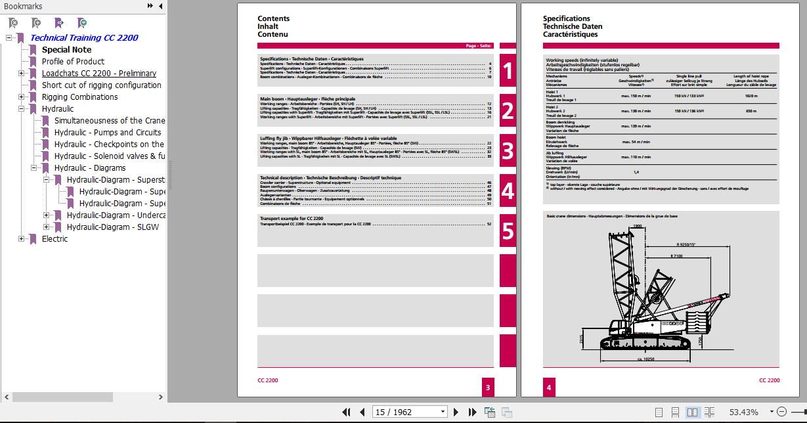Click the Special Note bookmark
point(66,50)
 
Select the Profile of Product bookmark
point(73,62)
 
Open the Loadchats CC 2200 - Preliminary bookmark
point(98,74)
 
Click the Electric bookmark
point(55,239)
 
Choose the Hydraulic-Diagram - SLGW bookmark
point(112,227)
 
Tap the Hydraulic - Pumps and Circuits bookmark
point(108,133)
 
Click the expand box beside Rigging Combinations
point(22,97)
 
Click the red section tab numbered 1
point(507,71)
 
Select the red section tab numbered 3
point(507,150)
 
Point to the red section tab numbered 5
point(507,231)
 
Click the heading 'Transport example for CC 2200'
point(292,218)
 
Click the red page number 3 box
point(488,388)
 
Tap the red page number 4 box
point(549,388)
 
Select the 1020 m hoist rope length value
point(751,95)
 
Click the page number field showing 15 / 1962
point(410,412)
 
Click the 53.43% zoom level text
point(743,412)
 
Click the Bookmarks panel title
point(23,6)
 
